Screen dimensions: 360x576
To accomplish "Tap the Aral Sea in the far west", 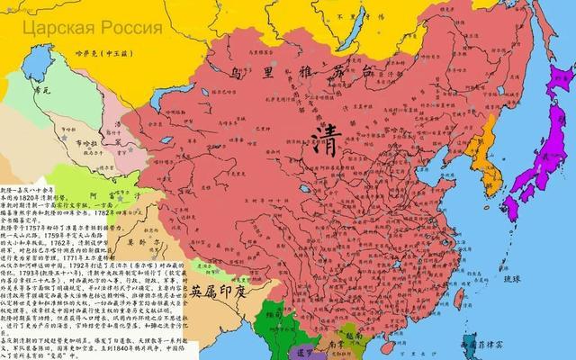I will click(37, 65).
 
